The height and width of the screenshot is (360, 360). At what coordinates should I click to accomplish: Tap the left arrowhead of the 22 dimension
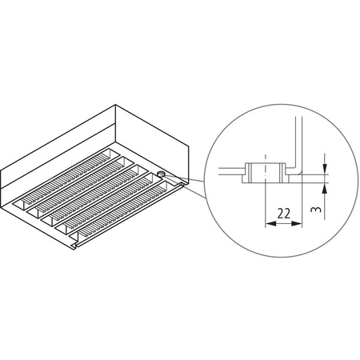(x=266, y=225)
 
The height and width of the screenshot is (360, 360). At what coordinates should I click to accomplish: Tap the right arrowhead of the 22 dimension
(x=300, y=225)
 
